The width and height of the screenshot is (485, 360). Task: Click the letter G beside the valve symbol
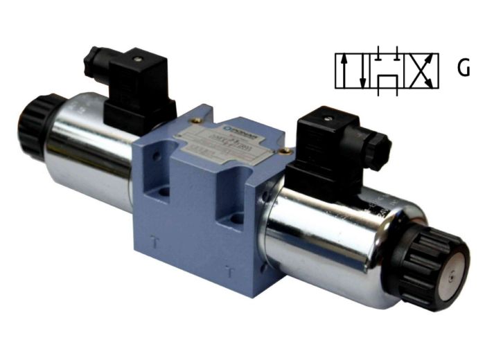(x=464, y=68)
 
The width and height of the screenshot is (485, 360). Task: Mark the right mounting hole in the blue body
(x=238, y=219)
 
